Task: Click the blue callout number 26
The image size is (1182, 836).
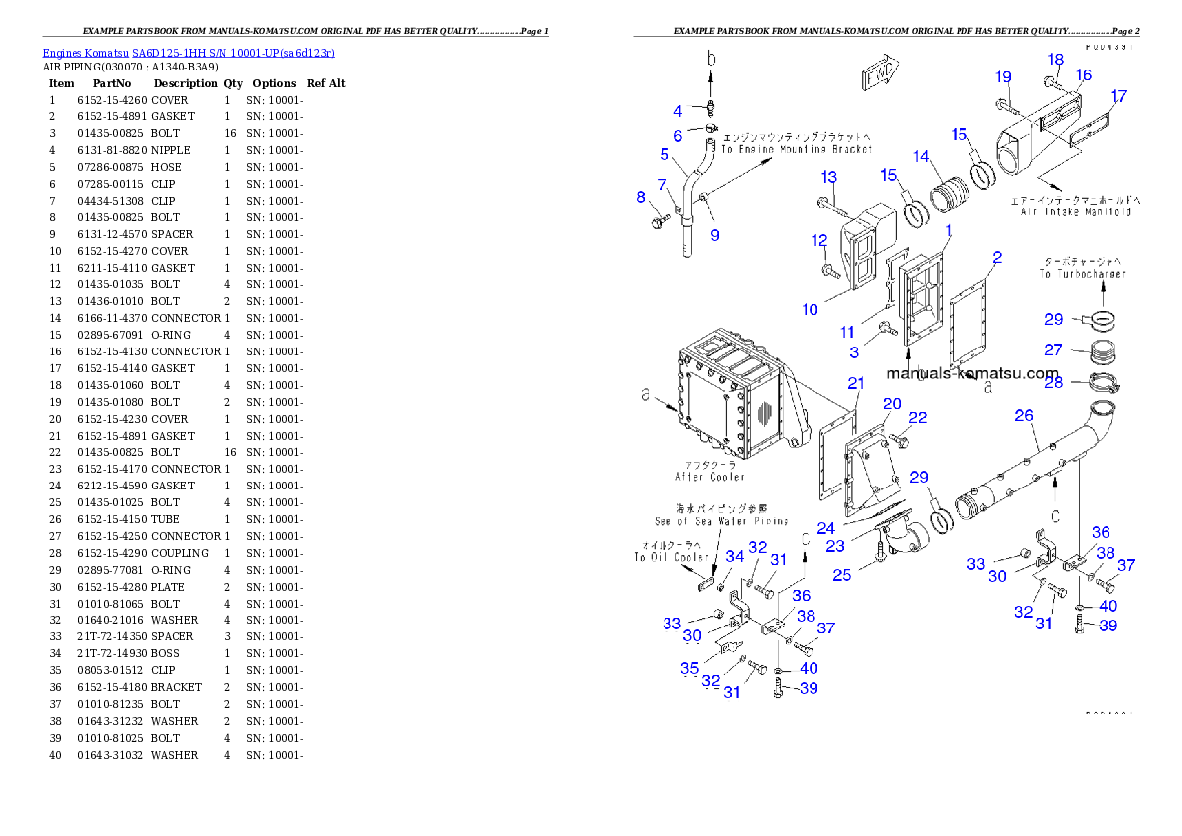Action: point(1023,415)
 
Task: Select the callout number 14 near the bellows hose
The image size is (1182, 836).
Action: point(921,156)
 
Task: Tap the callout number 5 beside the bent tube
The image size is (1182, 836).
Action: point(665,154)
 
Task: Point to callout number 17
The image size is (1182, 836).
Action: point(1118,96)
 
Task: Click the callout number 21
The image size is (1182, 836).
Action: point(855,383)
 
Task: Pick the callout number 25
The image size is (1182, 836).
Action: point(842,574)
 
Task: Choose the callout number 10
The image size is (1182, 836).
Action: point(810,309)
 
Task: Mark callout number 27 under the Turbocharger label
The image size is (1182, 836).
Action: point(1053,349)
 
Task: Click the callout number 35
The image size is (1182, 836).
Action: point(689,668)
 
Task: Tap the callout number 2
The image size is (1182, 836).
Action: point(996,258)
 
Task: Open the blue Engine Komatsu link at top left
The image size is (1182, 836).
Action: point(188,52)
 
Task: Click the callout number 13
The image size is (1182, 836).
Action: point(828,177)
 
